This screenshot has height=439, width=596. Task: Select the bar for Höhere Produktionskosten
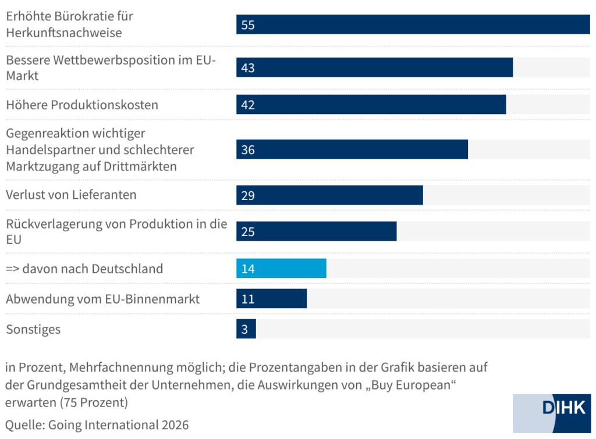(x=371, y=105)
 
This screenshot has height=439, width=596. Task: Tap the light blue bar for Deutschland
(x=281, y=269)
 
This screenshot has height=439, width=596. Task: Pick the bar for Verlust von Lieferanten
(x=329, y=195)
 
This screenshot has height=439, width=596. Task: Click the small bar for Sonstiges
(x=246, y=329)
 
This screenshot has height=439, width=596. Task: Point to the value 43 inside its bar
(x=248, y=68)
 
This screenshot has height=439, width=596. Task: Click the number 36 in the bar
(x=248, y=150)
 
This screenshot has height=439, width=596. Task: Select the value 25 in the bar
(x=248, y=232)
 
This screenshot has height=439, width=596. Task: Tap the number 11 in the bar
(x=248, y=299)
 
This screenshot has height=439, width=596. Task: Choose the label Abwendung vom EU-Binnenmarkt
(x=102, y=299)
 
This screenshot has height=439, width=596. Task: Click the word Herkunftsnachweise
(x=64, y=33)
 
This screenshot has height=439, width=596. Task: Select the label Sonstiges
(x=33, y=330)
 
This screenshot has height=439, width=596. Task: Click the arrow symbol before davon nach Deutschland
(x=13, y=269)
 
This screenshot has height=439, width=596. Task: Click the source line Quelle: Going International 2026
(x=97, y=425)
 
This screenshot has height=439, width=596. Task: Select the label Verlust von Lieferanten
(x=71, y=195)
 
